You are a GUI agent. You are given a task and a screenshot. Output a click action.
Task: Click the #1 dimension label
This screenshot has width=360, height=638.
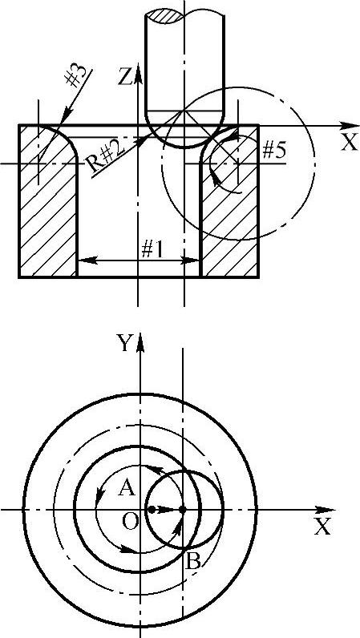152,250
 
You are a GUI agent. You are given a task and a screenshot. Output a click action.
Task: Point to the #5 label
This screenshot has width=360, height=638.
273,151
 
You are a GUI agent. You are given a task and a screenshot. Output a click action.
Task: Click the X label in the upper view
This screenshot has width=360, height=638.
349,143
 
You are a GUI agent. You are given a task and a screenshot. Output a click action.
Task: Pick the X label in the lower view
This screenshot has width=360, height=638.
322,527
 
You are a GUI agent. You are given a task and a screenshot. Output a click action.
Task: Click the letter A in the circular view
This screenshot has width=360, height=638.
126,488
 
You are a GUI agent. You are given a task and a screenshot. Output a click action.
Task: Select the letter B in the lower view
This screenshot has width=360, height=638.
192,563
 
